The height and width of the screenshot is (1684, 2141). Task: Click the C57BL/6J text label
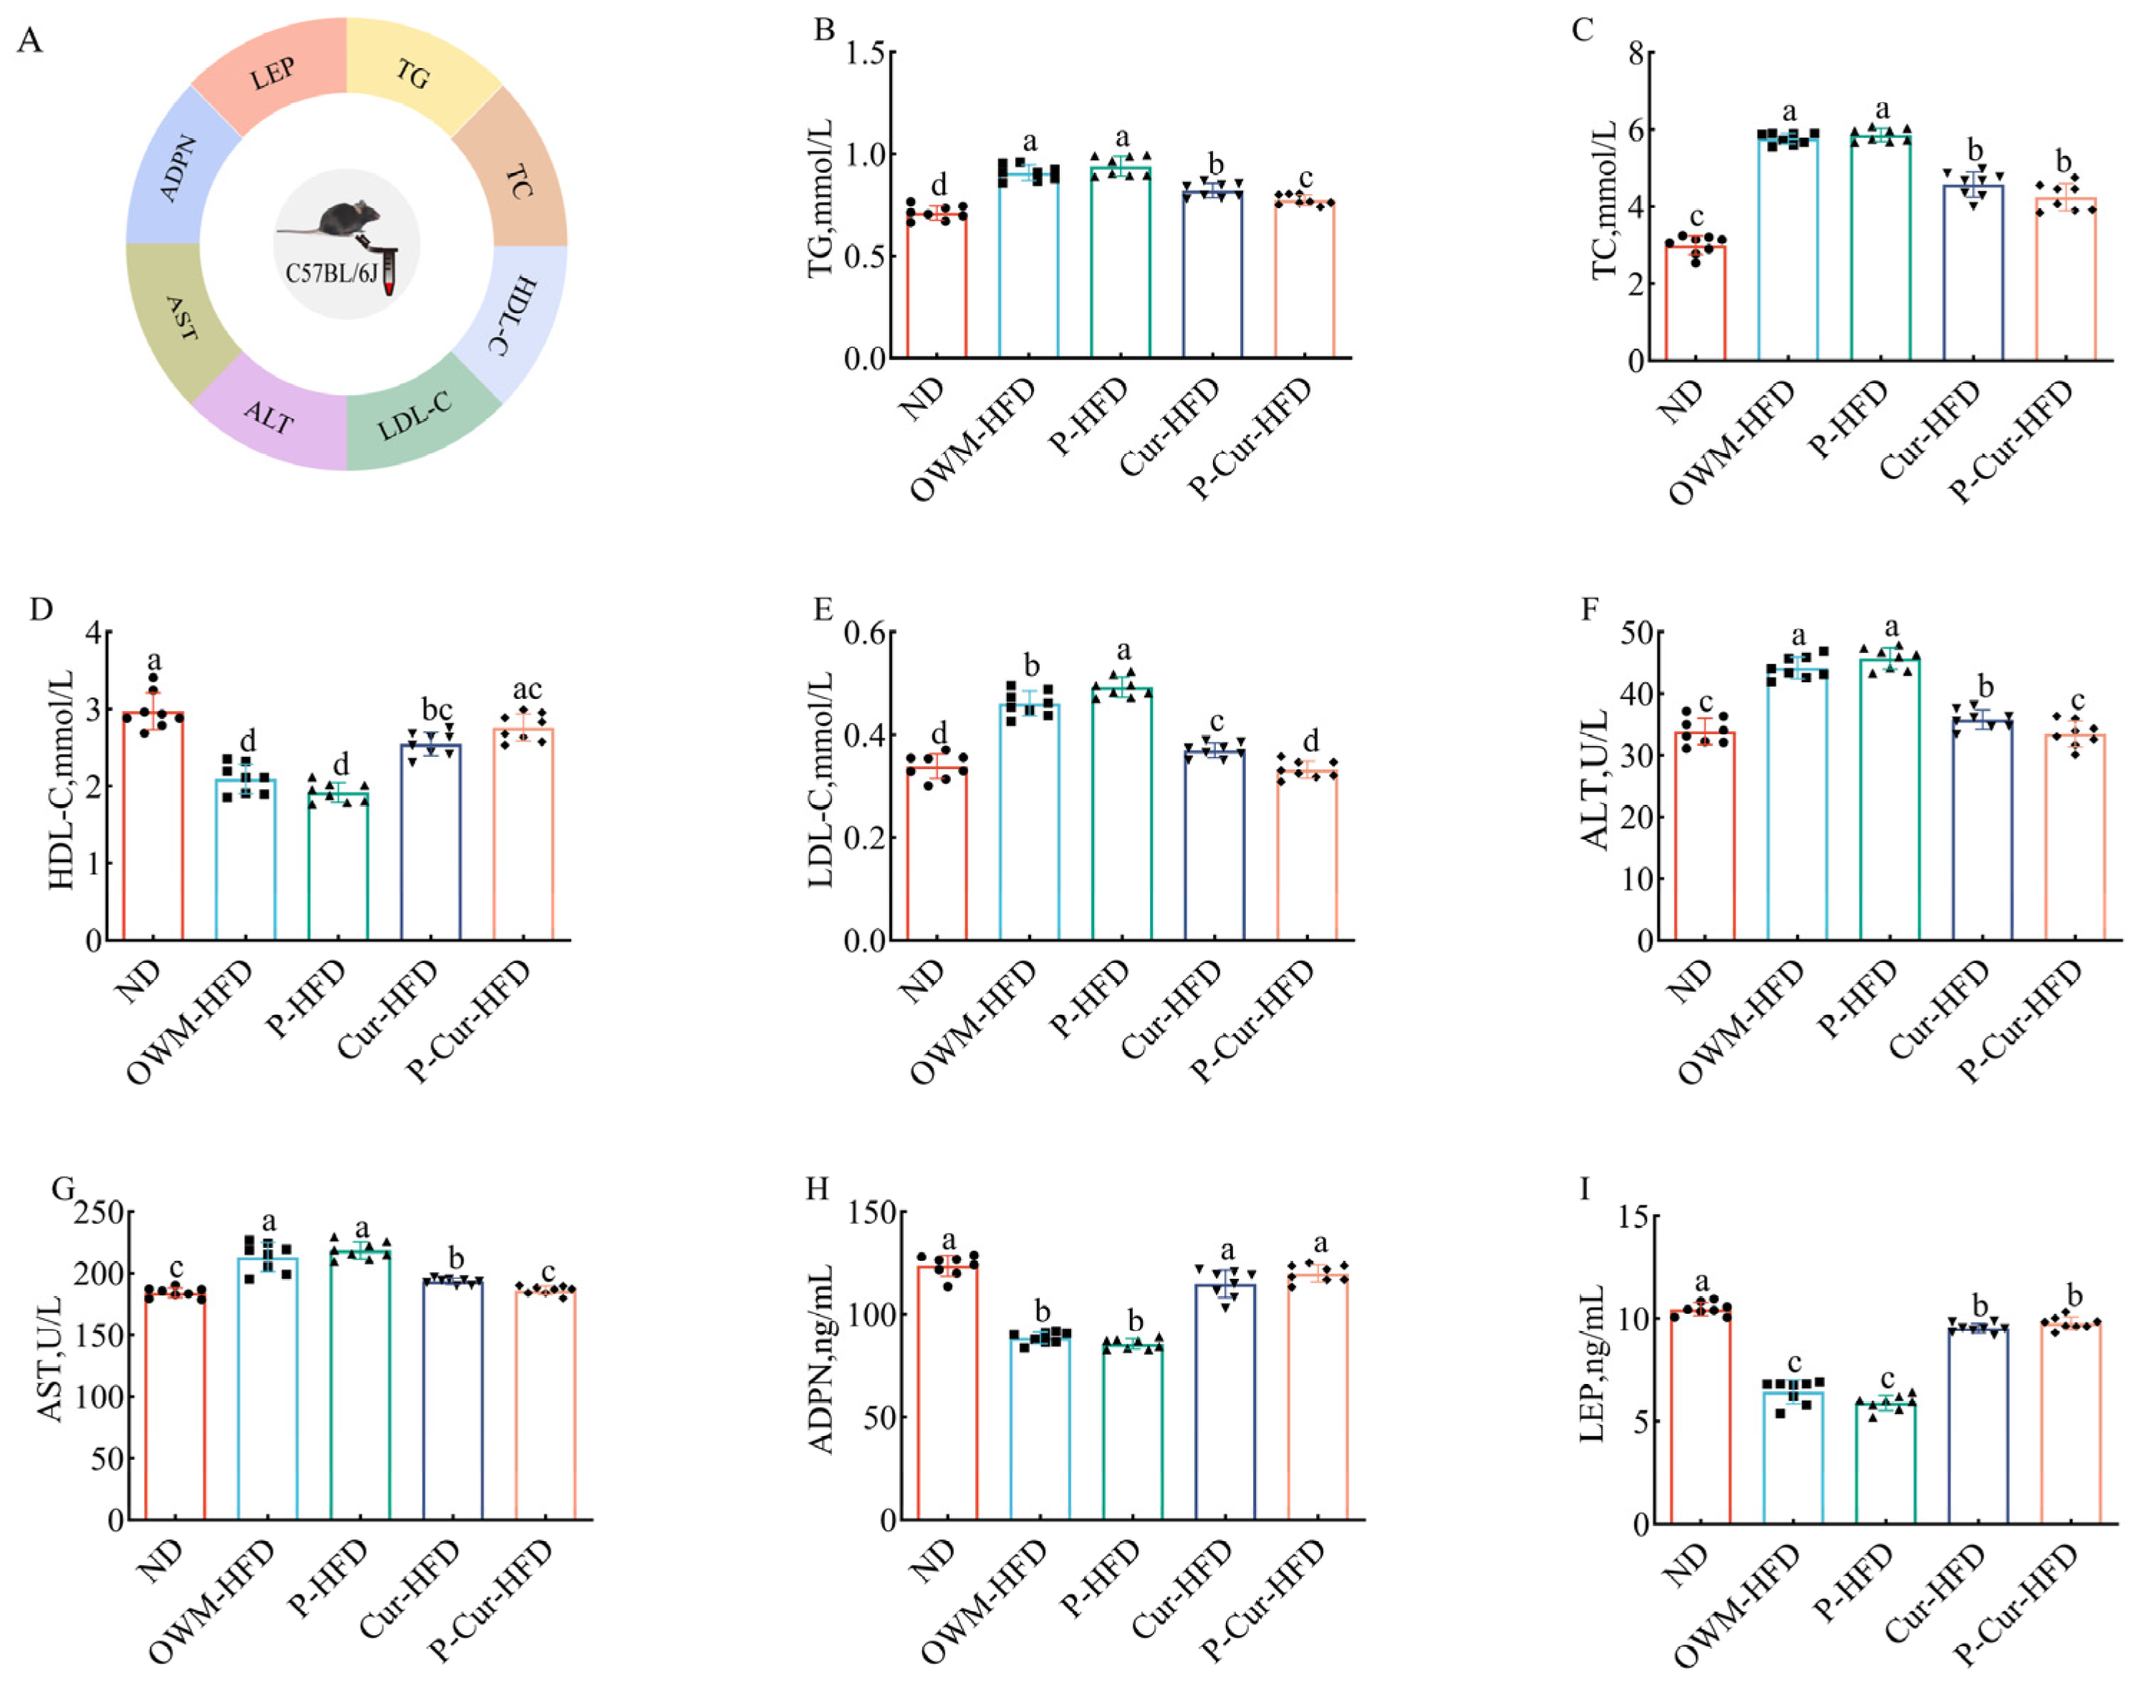(332, 273)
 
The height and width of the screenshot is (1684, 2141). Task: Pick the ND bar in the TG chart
(936, 286)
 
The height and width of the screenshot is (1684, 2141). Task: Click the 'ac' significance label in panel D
(526, 689)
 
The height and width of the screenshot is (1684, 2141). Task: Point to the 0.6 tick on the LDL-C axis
(865, 632)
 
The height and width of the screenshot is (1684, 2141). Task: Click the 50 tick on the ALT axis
(1639, 632)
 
